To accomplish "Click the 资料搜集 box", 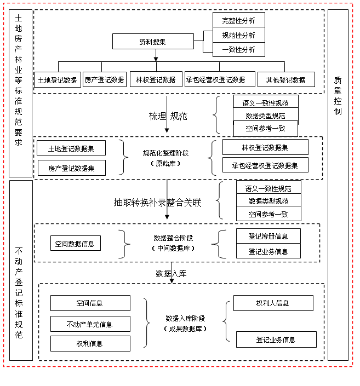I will (x=153, y=42).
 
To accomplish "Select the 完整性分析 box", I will (x=238, y=20).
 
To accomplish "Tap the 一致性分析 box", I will (x=238, y=50).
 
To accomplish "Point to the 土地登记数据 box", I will (x=57, y=79).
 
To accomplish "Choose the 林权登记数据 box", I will (x=156, y=79).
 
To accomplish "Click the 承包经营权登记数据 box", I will (x=219, y=79).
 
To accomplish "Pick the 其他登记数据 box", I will (x=286, y=79).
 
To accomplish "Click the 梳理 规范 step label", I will (x=167, y=116).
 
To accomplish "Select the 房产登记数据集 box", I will (x=71, y=168).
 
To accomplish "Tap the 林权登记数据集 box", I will (x=265, y=147).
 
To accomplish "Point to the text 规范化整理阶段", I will (x=165, y=154).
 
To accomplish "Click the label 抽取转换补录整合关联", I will (x=157, y=203).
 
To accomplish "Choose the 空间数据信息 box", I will (x=75, y=244).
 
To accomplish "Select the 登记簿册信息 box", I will (x=268, y=237).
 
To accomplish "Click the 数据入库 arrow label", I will (x=171, y=273).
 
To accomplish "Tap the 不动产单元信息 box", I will (x=90, y=324).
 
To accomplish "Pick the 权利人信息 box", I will (x=273, y=303).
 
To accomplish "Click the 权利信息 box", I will (x=90, y=343).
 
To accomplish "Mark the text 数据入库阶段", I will (x=185, y=318).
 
